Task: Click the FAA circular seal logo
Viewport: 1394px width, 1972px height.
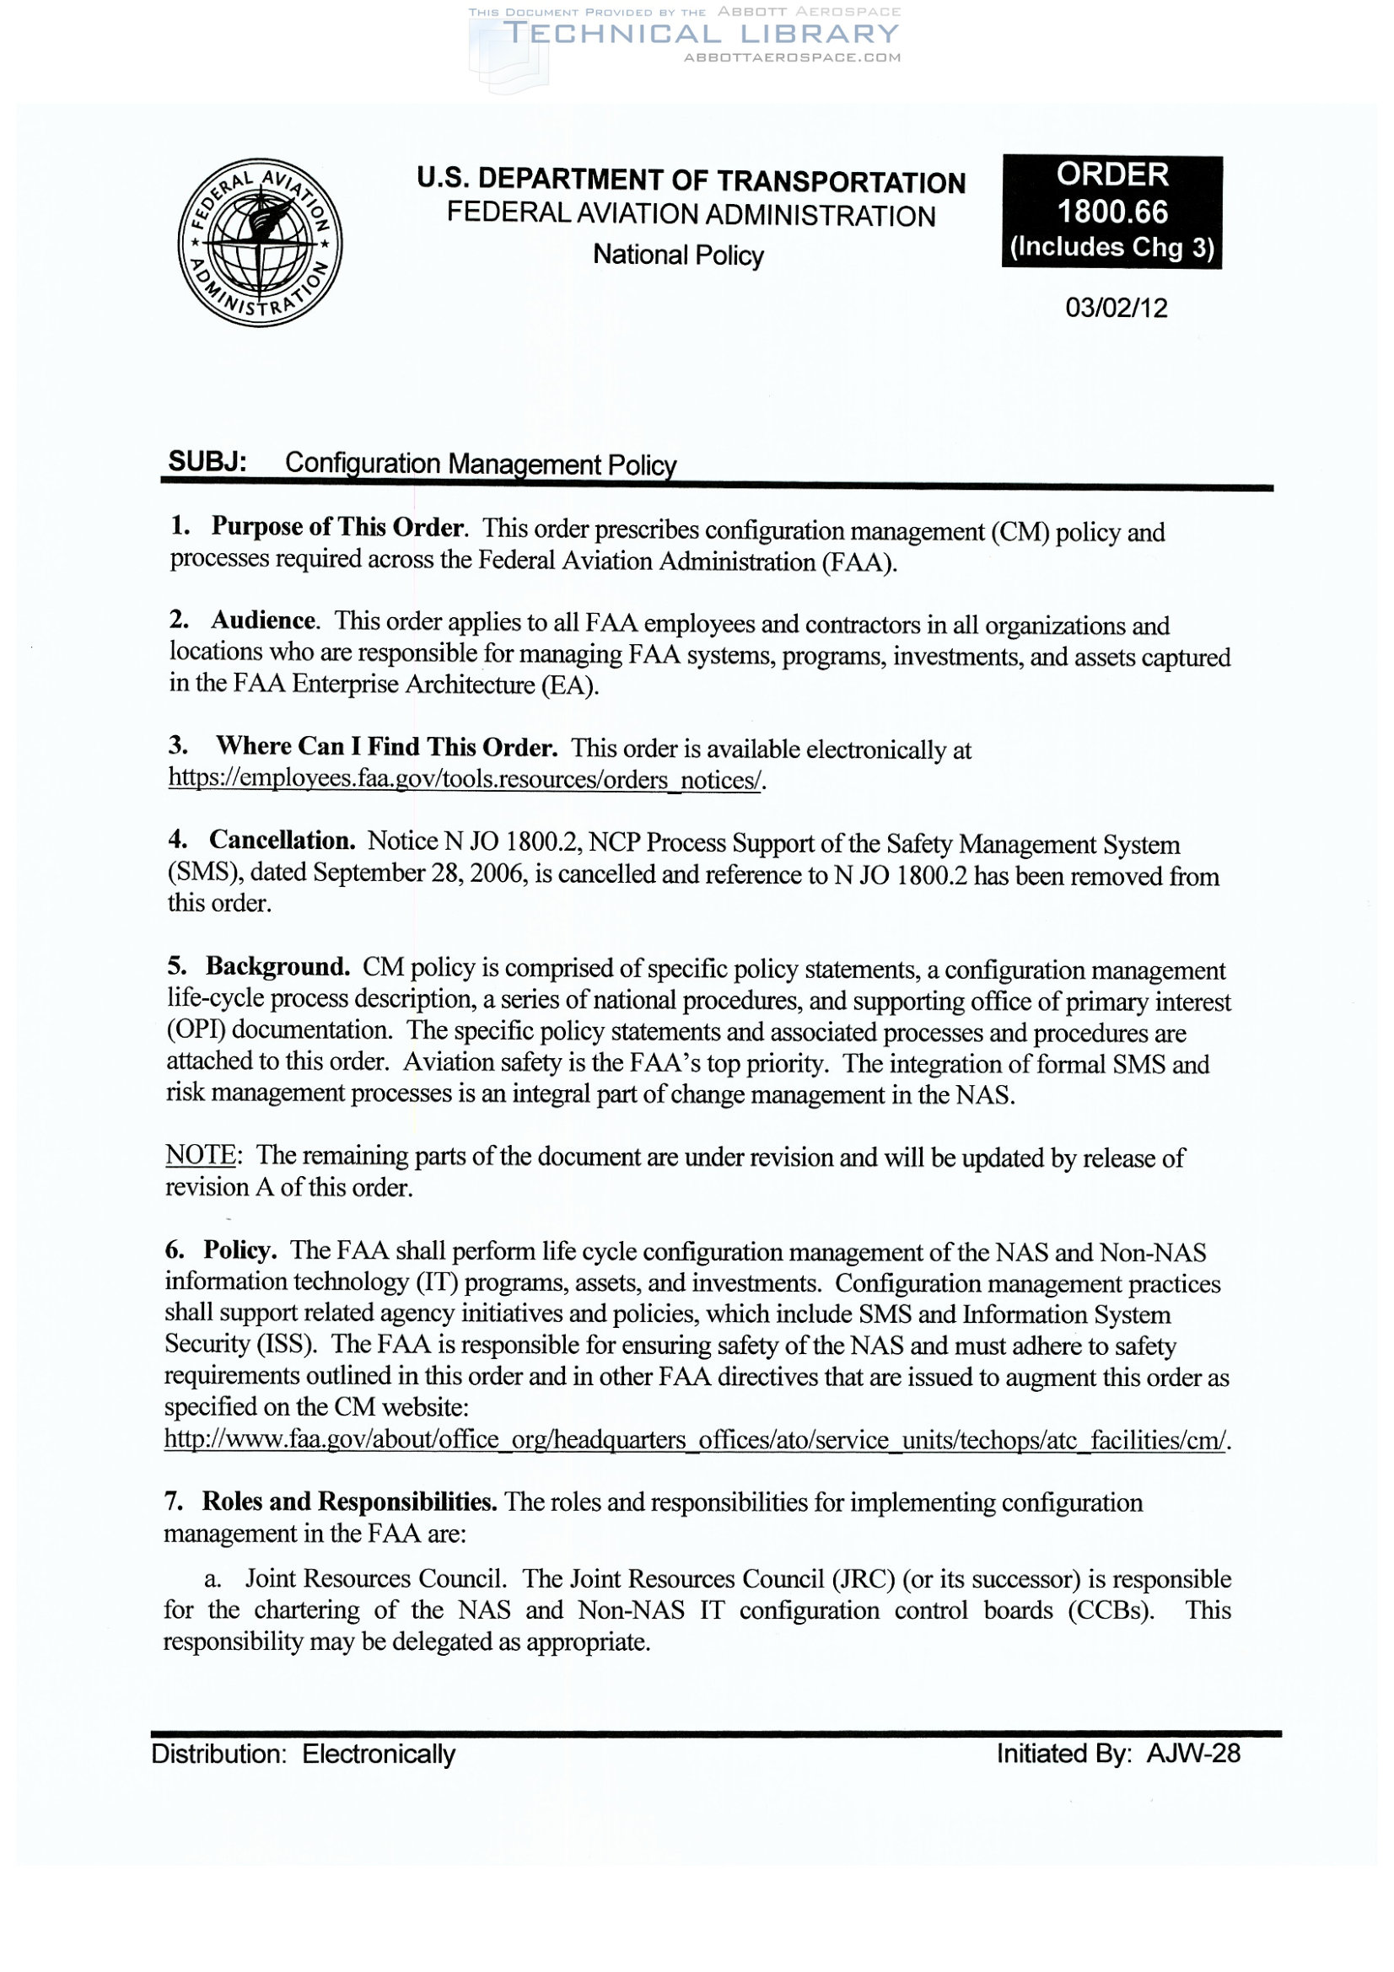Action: [260, 242]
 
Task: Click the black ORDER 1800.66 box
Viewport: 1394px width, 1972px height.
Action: [1111, 212]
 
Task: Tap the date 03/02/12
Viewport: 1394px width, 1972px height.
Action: [1116, 308]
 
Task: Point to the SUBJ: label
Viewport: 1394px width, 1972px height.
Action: [207, 462]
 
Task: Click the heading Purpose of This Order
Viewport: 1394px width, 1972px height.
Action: [338, 527]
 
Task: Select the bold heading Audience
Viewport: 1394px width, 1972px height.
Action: [264, 621]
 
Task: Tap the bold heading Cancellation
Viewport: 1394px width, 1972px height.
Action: [282, 840]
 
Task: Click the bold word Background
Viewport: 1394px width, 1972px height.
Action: [277, 967]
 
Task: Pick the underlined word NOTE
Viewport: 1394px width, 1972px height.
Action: [200, 1155]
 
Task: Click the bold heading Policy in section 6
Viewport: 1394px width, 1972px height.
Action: [240, 1250]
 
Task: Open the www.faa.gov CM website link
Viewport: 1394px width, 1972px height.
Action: [696, 1439]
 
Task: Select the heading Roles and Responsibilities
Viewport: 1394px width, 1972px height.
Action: [349, 1502]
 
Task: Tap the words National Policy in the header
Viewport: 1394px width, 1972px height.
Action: [678, 255]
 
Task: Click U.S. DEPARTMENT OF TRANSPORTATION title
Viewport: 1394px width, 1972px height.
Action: [691, 181]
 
